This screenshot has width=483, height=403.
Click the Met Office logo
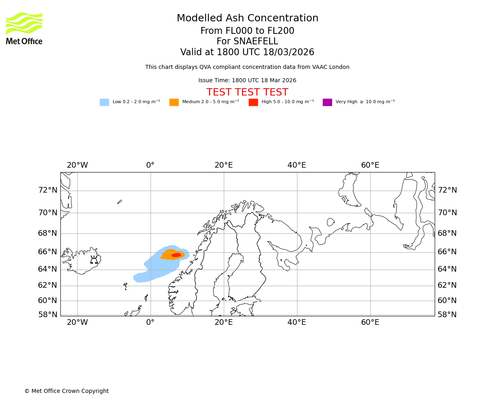tap(24, 28)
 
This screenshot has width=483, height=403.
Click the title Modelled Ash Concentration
tap(247, 19)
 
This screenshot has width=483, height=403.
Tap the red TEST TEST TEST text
tap(247, 92)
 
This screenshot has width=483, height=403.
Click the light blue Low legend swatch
tap(104, 102)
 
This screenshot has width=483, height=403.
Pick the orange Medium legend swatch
tap(174, 102)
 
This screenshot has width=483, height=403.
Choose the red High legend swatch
tap(253, 102)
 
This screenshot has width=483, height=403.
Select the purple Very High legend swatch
tap(327, 102)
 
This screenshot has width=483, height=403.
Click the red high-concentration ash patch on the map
tap(176, 255)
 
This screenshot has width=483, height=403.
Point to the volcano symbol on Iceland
tap(94, 260)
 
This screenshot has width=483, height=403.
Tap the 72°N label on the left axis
tap(47, 190)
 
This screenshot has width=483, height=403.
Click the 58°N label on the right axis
tap(447, 315)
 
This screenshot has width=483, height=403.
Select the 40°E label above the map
tap(297, 165)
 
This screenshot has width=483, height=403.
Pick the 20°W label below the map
tap(77, 322)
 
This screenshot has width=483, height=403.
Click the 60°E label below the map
tap(370, 322)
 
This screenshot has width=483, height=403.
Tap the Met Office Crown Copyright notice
tap(66, 391)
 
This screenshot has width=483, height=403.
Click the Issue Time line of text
tap(247, 81)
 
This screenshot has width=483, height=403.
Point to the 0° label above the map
tap(150, 165)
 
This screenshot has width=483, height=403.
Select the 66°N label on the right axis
tap(447, 252)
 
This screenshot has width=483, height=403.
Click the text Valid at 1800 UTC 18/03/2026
tap(247, 52)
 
